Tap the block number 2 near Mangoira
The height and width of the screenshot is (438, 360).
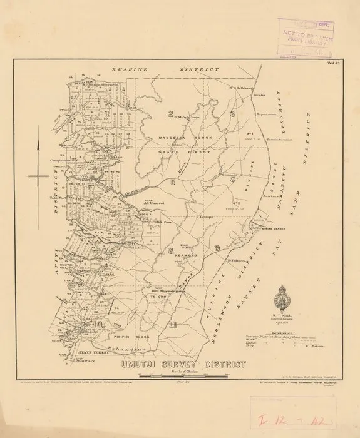tap(170, 113)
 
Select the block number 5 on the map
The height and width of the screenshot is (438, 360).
tap(171, 182)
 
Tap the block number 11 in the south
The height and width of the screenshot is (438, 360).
tap(173, 323)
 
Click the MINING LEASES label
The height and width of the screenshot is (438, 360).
tap(273, 229)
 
